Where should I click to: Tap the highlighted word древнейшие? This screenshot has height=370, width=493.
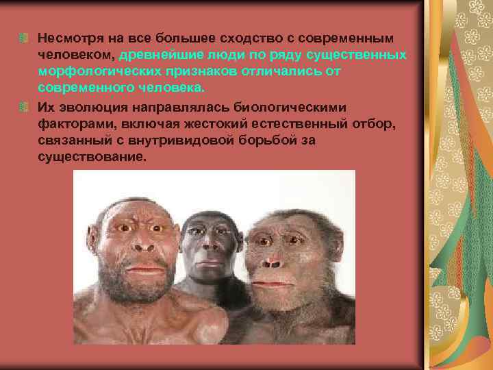[159, 53]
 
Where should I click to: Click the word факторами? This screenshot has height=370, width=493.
[71, 125]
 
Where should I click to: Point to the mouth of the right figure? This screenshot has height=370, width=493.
[273, 282]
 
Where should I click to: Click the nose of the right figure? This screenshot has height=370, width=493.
[273, 260]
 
